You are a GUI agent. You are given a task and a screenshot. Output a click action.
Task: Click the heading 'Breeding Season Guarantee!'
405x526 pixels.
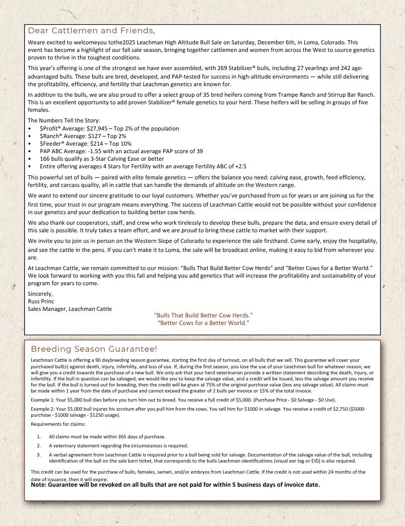tap(94, 349)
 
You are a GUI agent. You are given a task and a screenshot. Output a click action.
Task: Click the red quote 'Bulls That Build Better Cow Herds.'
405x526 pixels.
tap(203, 315)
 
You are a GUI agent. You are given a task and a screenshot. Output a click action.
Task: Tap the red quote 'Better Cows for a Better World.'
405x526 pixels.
tap(203, 322)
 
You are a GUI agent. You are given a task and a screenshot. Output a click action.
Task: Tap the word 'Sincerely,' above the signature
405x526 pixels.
tap(41, 294)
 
